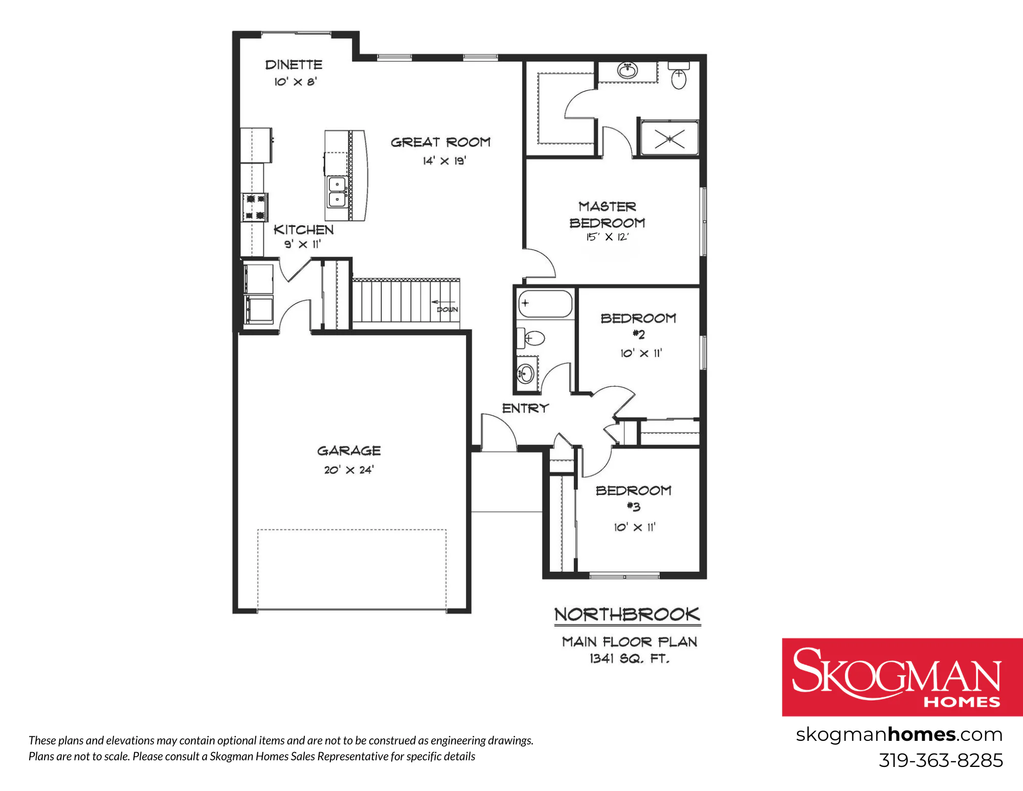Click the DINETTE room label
[x=294, y=65]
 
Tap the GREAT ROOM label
[x=440, y=142]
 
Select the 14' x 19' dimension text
[x=444, y=161]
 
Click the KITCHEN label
[x=303, y=230]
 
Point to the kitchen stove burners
[x=255, y=207]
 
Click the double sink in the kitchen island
[x=337, y=191]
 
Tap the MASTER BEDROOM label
[x=607, y=215]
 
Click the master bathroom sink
[x=628, y=70]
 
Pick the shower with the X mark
[x=670, y=137]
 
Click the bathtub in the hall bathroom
[x=545, y=304]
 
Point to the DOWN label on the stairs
[x=447, y=310]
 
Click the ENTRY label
[x=525, y=408]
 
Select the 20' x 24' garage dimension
[x=349, y=469]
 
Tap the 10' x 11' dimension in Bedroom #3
[x=635, y=527]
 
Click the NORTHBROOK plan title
[x=627, y=614]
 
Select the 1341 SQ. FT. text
[x=630, y=658]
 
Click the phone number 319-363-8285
[x=941, y=760]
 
